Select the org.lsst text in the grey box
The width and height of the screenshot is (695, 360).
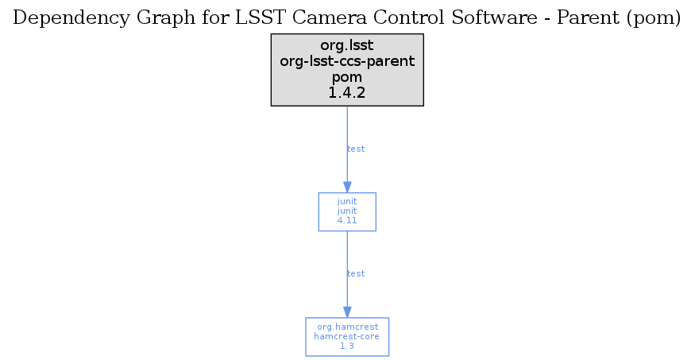click(347, 45)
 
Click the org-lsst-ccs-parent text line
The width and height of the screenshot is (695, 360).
click(347, 61)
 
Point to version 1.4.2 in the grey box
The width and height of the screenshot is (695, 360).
click(347, 93)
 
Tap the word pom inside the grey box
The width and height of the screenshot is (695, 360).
click(347, 78)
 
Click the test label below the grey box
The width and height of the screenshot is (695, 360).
click(356, 149)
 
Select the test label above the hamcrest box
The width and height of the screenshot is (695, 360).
click(356, 273)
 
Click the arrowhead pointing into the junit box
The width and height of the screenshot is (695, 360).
click(347, 187)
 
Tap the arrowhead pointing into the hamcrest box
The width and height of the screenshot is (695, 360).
click(347, 312)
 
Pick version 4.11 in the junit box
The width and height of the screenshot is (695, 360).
click(347, 220)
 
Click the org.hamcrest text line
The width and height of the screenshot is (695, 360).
click(348, 327)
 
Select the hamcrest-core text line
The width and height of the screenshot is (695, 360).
click(346, 336)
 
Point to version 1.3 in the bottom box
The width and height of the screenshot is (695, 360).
click(347, 346)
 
